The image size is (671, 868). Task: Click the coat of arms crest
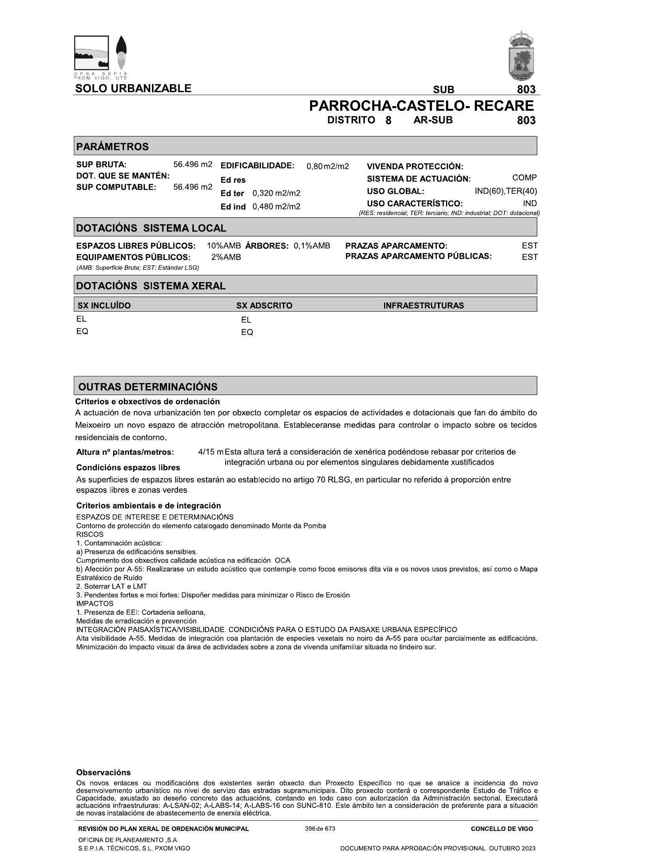(x=521, y=56)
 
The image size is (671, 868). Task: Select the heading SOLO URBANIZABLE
(x=133, y=88)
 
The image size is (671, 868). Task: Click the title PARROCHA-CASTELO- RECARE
(x=421, y=106)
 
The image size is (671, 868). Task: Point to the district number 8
(x=388, y=120)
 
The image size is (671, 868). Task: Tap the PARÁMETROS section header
(x=112, y=146)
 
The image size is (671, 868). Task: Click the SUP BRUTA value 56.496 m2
(x=193, y=165)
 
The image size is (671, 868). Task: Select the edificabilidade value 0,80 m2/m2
(x=328, y=166)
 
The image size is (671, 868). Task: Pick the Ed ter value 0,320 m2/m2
(x=276, y=193)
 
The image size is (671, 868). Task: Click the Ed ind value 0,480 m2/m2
(x=276, y=207)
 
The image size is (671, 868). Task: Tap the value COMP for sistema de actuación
(x=524, y=178)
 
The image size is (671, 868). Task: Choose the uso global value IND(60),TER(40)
(x=506, y=191)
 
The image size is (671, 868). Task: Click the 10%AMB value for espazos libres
(x=224, y=246)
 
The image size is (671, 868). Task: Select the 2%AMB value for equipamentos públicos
(x=226, y=257)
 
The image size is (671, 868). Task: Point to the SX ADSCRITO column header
(x=264, y=305)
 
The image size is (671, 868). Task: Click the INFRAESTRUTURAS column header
(x=424, y=305)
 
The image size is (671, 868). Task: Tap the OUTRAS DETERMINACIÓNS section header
(x=148, y=387)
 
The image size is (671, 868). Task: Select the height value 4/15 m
(x=210, y=452)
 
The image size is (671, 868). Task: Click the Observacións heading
(x=103, y=773)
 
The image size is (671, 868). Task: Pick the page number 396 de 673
(x=320, y=829)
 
